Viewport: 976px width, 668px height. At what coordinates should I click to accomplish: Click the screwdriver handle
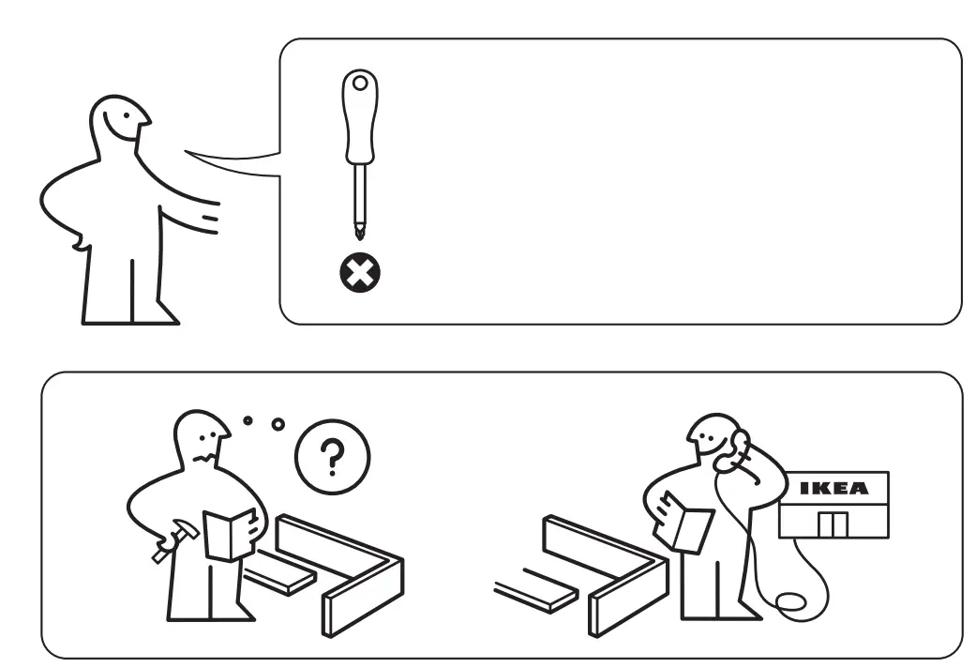(359, 117)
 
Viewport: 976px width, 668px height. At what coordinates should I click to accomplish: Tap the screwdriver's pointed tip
(360, 232)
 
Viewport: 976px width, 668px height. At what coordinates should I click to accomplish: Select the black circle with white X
(360, 275)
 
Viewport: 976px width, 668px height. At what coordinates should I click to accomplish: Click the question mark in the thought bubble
(332, 458)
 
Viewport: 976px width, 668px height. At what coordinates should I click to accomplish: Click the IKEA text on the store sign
(833, 488)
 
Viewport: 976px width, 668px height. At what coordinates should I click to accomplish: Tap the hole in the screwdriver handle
(359, 84)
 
